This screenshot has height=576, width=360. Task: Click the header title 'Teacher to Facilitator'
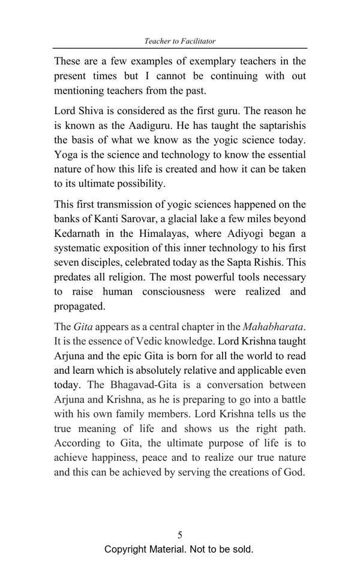pos(180,41)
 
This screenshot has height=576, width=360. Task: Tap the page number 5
pos(180,535)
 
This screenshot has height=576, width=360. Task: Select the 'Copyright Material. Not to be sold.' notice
pos(179,550)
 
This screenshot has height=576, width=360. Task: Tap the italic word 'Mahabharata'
pos(273,327)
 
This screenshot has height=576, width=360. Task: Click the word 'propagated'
pos(79,306)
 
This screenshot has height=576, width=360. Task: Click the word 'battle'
pos(291,399)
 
